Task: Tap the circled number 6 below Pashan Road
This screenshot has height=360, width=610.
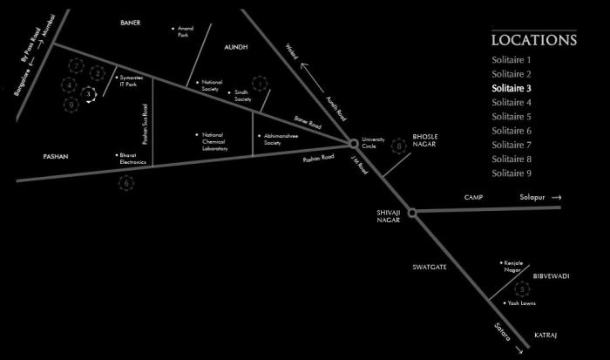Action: (x=127, y=183)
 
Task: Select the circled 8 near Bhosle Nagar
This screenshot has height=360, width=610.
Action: (x=400, y=146)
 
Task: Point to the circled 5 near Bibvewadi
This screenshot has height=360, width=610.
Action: (x=522, y=289)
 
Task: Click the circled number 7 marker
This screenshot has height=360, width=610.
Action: (x=77, y=66)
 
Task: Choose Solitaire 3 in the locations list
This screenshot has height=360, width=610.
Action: (x=512, y=88)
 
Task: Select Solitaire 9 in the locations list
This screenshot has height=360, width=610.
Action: (x=512, y=173)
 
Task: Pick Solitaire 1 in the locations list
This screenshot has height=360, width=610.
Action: (x=512, y=59)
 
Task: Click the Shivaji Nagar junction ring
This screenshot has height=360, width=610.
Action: (x=412, y=212)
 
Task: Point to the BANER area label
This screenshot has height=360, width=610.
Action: (x=131, y=23)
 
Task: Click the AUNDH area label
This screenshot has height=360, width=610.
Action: (x=236, y=47)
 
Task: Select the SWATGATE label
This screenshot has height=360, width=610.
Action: (x=430, y=267)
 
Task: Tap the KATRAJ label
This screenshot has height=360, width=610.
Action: (x=545, y=335)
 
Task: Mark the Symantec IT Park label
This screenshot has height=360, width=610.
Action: (x=128, y=81)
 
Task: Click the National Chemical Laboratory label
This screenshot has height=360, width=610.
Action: (x=214, y=142)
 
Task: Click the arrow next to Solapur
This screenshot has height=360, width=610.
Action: (x=556, y=198)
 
